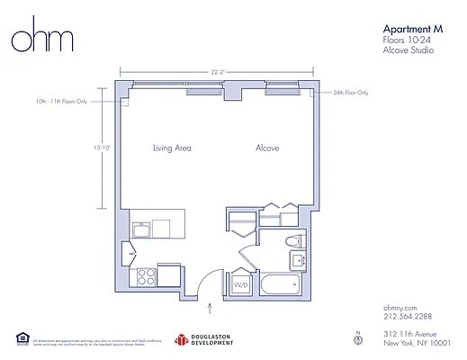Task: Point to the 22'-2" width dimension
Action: (217, 71)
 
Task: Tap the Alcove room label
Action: (266, 147)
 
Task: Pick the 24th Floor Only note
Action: (351, 92)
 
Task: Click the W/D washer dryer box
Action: (241, 286)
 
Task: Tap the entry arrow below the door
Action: (210, 310)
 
